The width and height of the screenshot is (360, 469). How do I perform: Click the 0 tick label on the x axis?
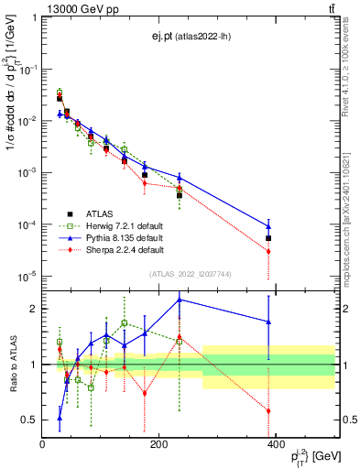[42, 444]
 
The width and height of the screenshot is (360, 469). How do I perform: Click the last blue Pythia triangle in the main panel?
[268, 226]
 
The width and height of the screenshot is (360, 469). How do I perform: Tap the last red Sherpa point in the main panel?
[268, 251]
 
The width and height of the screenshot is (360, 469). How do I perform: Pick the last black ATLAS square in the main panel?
[268, 238]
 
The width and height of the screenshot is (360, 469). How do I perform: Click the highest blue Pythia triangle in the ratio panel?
[180, 300]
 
